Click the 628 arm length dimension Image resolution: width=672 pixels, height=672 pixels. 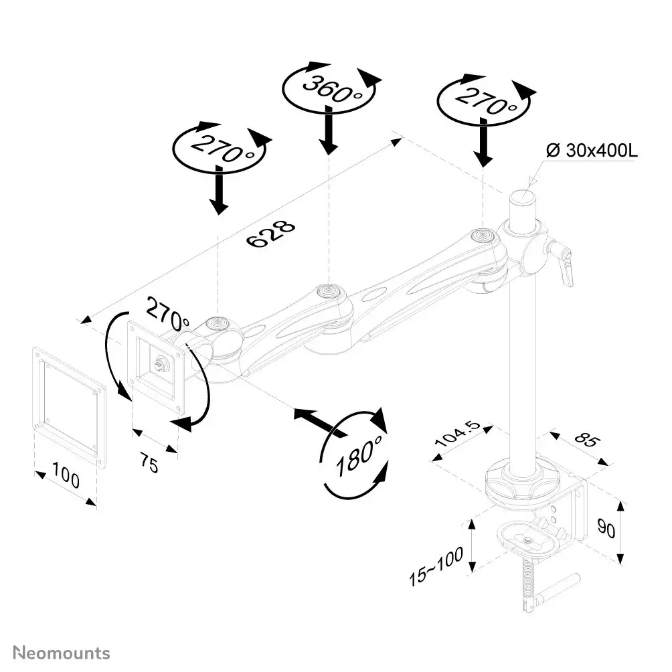click(270, 234)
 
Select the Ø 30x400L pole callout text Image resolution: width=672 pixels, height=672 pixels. click(591, 151)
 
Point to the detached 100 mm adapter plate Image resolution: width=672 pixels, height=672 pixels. click(69, 406)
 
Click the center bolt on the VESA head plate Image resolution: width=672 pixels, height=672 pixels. click(160, 365)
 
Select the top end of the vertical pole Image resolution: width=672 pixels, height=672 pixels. click(522, 199)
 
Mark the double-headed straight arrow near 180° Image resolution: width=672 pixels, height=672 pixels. click(319, 423)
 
